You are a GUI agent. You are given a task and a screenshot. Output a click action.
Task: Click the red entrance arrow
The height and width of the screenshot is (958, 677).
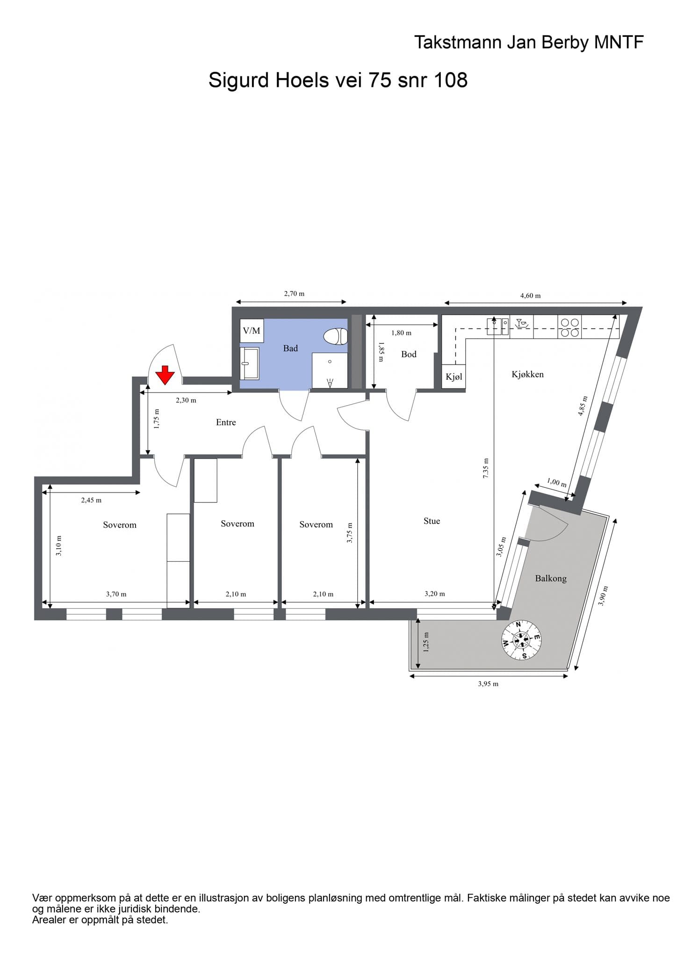coord(165,375)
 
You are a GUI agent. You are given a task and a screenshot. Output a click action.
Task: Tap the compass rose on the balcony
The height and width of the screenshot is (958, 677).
coord(521,640)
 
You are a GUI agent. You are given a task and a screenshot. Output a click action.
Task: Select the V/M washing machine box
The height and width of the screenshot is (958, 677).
coord(252,331)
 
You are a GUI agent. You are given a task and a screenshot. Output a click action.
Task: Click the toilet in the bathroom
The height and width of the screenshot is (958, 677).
coord(336,336)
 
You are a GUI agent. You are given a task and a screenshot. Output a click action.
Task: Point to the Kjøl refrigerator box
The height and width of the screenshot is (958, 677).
coord(454,377)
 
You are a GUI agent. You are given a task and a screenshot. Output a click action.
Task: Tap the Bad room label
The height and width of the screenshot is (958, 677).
coord(290,348)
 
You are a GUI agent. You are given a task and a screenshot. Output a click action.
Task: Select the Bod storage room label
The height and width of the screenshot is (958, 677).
coord(409,355)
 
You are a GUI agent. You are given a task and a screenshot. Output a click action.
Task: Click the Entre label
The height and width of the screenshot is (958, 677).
coord(226,422)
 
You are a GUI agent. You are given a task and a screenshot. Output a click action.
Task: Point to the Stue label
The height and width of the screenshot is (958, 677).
coord(432,521)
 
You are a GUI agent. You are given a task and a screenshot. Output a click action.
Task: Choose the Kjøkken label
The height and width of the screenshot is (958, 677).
coord(527,374)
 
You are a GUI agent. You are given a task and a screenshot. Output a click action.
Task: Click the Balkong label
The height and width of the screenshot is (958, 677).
coord(551,579)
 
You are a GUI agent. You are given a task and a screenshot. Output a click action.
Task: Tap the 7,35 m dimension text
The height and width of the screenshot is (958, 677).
coord(486,467)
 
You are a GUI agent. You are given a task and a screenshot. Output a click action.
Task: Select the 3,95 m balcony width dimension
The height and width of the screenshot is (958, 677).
coord(488,684)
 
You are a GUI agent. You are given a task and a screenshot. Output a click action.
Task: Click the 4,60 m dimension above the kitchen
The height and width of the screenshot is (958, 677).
coord(530,296)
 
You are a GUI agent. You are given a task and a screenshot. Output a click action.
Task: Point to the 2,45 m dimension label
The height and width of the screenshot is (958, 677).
coord(91,500)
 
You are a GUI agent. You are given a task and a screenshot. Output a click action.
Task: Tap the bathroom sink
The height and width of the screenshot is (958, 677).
coord(250,363)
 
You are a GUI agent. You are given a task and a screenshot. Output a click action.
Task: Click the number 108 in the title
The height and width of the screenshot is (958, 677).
coord(451,80)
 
